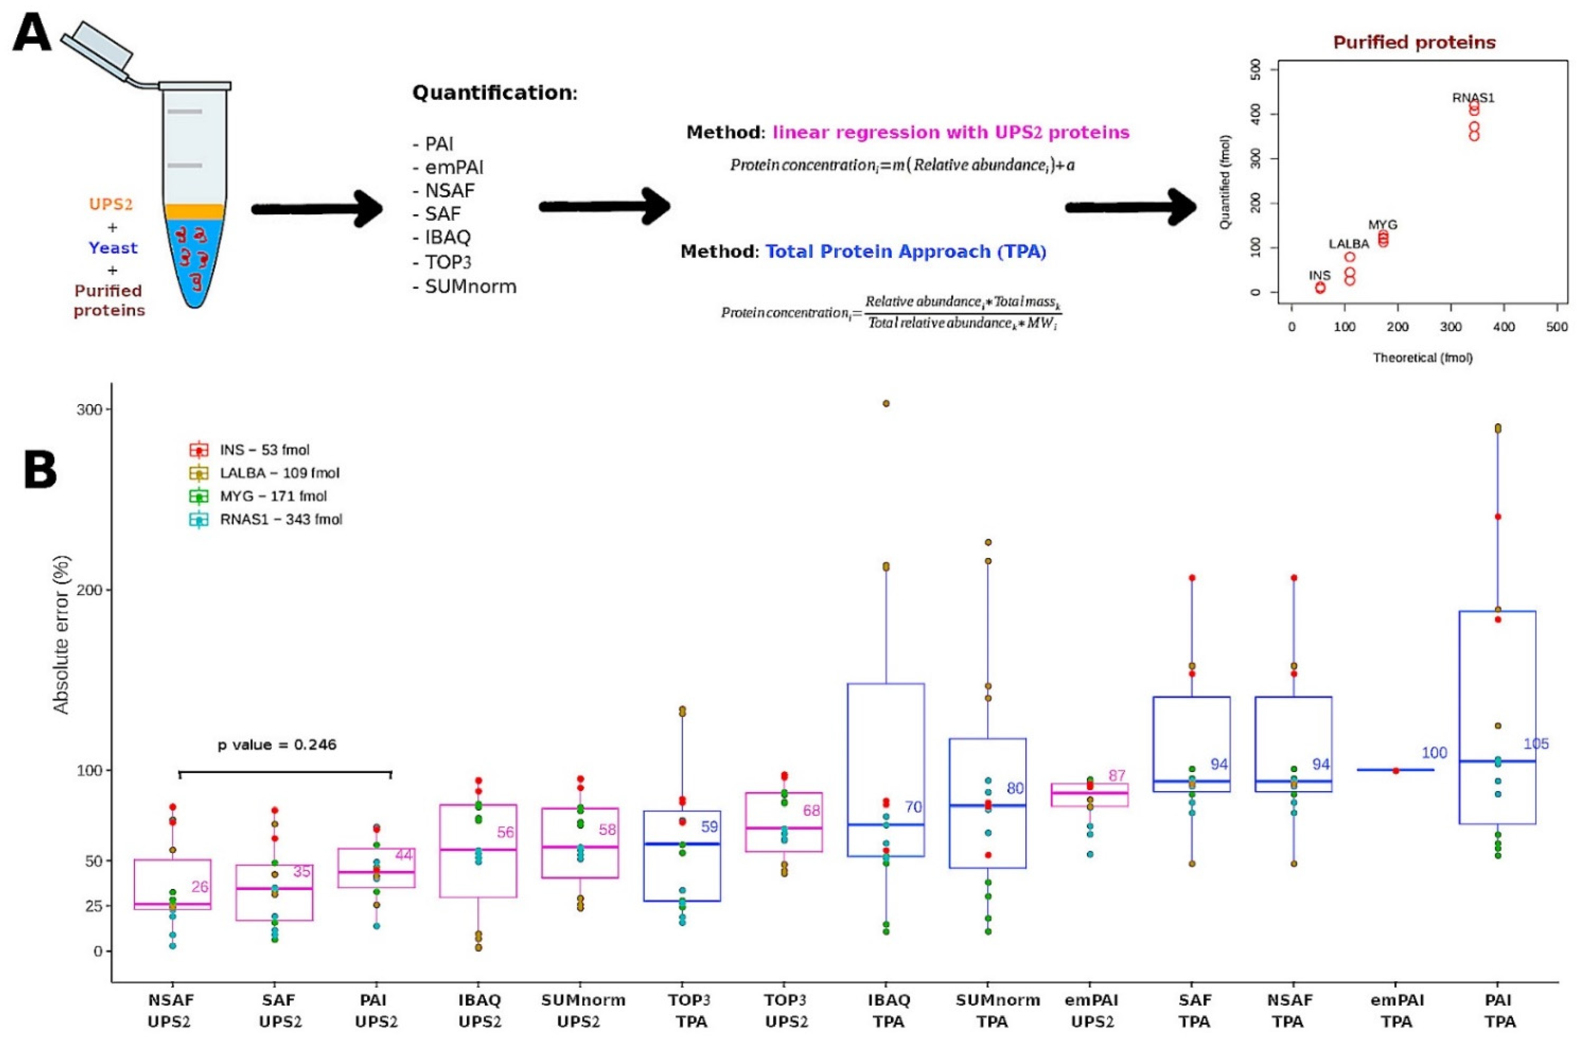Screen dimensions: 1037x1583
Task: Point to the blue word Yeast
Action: click(x=113, y=248)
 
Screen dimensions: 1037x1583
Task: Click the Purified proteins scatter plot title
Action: click(x=1414, y=43)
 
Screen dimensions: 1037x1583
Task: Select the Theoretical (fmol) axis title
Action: click(x=1422, y=358)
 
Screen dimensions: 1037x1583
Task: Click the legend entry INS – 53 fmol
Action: click(x=264, y=451)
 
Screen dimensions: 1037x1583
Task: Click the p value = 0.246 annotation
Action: click(x=277, y=744)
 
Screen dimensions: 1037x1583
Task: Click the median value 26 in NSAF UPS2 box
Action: click(x=200, y=887)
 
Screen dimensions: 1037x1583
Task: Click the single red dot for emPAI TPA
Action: click(x=1396, y=771)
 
